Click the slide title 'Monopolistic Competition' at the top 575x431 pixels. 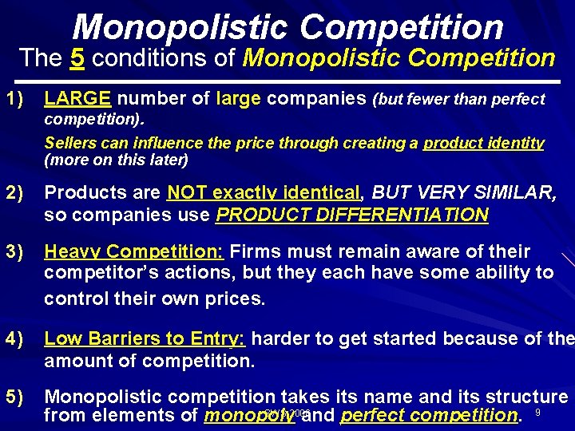(287, 26)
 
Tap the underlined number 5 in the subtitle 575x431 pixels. (77, 58)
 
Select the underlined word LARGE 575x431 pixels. (77, 99)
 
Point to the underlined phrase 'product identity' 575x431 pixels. (483, 144)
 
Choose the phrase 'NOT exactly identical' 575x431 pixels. (264, 193)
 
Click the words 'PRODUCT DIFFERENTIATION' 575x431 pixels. (352, 215)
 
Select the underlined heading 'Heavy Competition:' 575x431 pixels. (133, 252)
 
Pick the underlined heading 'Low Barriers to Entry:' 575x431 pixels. (145, 338)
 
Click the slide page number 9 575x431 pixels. (537, 413)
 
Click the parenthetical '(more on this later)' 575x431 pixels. (117, 160)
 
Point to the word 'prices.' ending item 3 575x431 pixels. (236, 299)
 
